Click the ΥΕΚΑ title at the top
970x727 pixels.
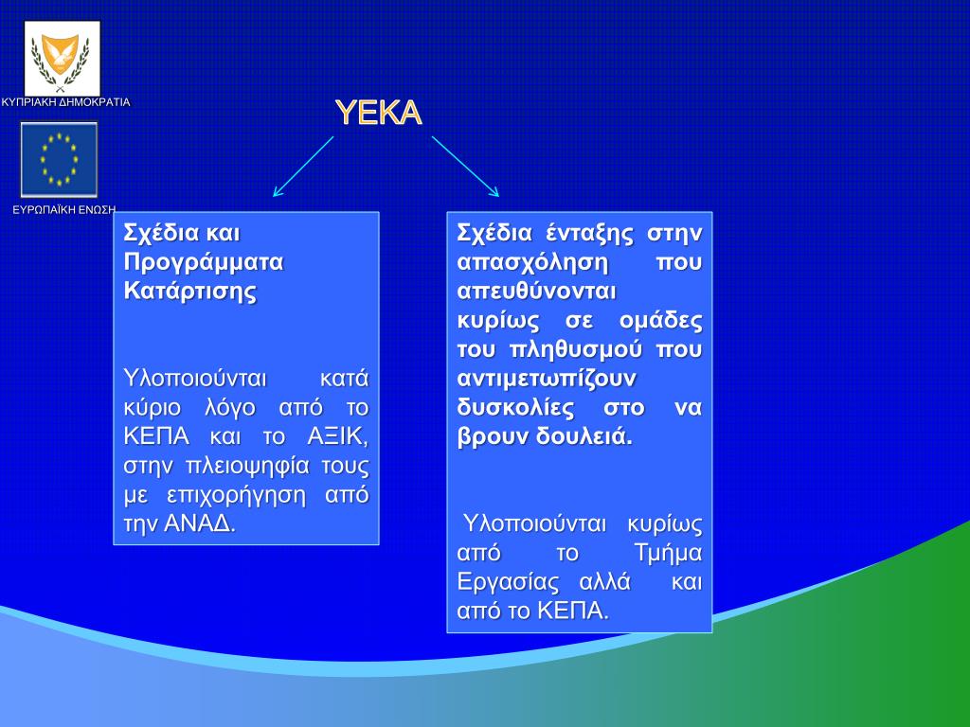coord(379,113)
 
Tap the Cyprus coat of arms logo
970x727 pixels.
coord(62,59)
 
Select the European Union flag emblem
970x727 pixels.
coord(59,159)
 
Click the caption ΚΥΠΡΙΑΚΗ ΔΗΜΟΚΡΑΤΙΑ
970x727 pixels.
coord(65,102)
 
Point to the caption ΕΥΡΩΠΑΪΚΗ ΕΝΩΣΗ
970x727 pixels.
coord(64,209)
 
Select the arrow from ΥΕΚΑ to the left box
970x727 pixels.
coord(303,167)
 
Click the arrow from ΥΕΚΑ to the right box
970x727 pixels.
coord(465,167)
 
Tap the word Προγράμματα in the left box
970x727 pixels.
coord(204,263)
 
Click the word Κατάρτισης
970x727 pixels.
coord(189,292)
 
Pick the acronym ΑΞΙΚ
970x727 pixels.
coord(338,436)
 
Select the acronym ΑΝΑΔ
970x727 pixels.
coord(200,523)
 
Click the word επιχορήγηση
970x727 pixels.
coord(236,495)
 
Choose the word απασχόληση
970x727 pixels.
coord(532,263)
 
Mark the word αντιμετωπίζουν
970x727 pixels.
coord(547,379)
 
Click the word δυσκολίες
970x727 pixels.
coord(515,408)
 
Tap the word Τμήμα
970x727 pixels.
coord(669,553)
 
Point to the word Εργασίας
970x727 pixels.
coord(508,582)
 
